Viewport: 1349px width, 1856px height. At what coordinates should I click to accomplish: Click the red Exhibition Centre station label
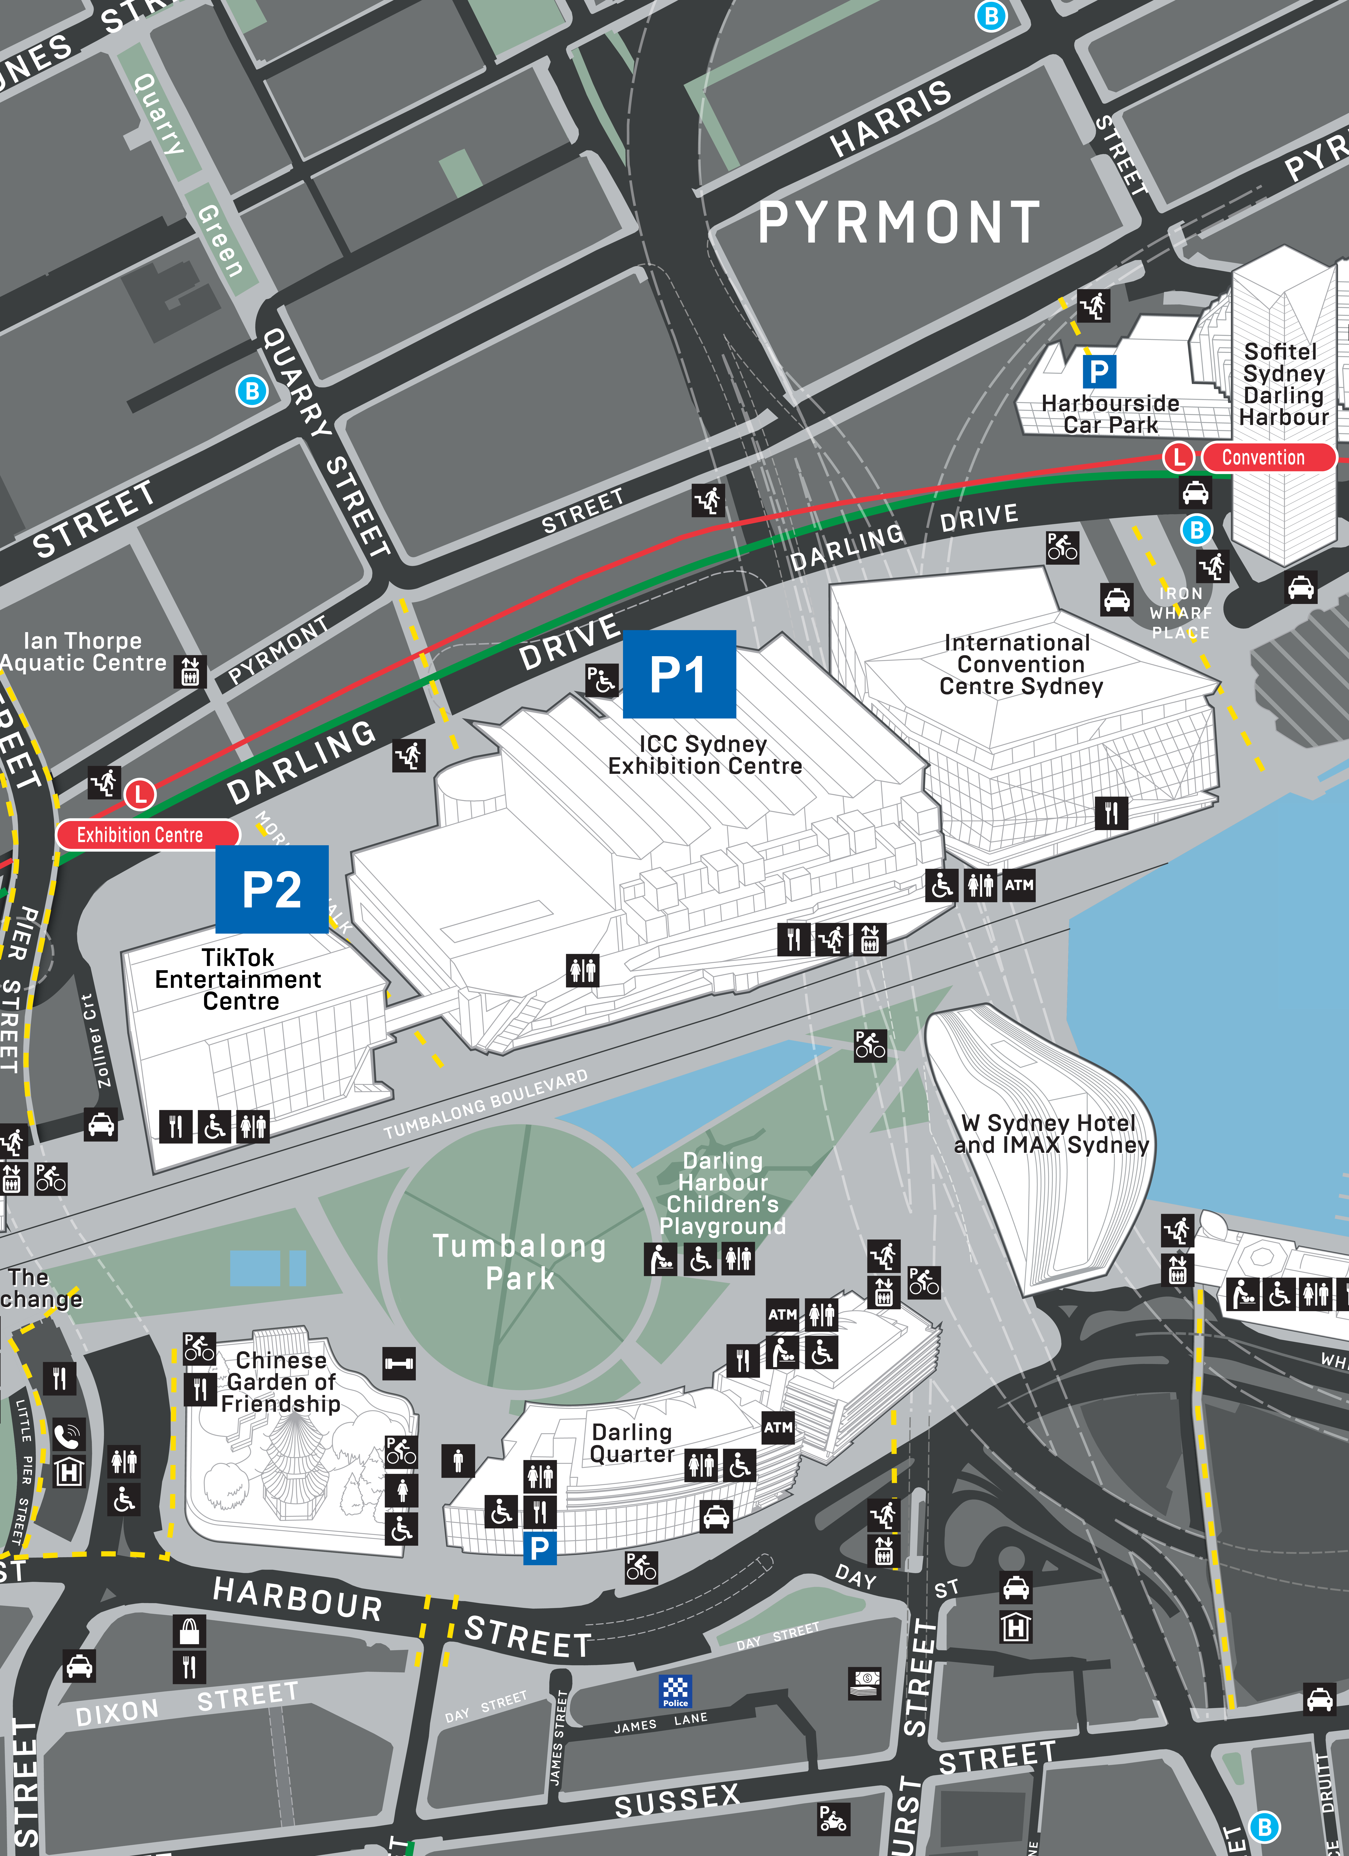click(140, 835)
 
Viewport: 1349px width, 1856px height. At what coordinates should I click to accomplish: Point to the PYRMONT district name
click(898, 223)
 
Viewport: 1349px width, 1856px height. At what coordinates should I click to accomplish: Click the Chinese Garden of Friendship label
click(281, 1382)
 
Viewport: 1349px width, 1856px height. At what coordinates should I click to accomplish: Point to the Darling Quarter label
click(632, 1443)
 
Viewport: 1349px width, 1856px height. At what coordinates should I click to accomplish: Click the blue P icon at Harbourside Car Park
click(1099, 372)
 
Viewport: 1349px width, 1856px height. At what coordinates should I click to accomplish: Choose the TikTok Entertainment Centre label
click(239, 980)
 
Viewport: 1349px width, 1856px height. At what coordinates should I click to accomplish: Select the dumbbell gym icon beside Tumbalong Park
click(399, 1363)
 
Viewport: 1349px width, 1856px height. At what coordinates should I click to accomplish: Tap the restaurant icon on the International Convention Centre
click(1111, 814)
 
